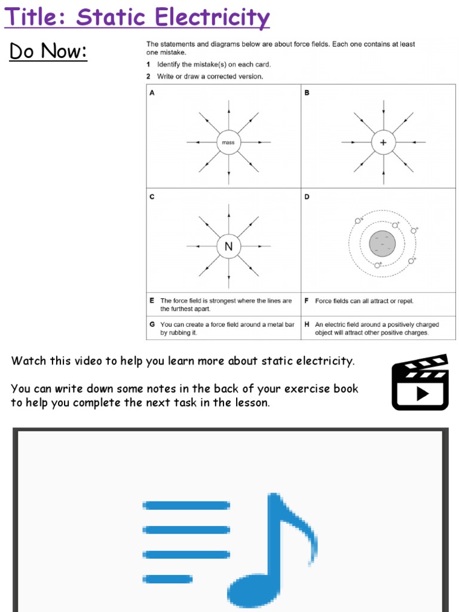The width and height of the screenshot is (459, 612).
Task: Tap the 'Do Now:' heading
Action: [x=48, y=52]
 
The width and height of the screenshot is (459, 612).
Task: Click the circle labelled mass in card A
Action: [x=228, y=142]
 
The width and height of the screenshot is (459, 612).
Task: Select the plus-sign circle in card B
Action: [x=383, y=142]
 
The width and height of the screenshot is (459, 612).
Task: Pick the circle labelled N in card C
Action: [x=228, y=246]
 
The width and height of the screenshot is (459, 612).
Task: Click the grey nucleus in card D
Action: [x=382, y=243]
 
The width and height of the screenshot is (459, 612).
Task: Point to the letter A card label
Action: [x=152, y=93]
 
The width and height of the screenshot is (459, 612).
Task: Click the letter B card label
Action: [x=307, y=93]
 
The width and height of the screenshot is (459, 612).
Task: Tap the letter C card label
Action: [x=152, y=197]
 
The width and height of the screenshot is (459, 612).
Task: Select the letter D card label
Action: [x=307, y=197]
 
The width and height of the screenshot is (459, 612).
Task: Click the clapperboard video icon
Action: [x=420, y=382]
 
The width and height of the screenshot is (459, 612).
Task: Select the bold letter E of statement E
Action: [x=152, y=301]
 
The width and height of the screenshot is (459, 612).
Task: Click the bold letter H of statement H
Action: [x=307, y=325]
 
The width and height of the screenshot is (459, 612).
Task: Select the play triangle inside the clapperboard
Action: [x=422, y=393]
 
